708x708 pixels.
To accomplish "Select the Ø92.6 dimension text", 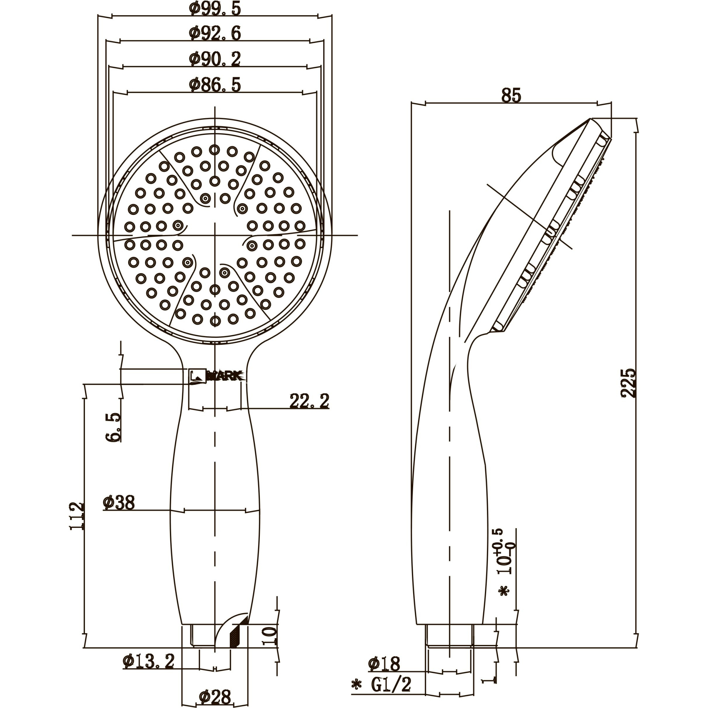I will (215, 33).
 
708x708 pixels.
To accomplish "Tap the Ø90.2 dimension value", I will (215, 59).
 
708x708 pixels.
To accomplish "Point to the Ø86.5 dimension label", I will (215, 85).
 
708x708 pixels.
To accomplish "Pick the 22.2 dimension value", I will (309, 401).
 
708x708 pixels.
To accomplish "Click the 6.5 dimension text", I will (113, 427).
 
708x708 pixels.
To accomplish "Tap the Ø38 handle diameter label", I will (119, 503).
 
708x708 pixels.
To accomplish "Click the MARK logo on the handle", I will (216, 376).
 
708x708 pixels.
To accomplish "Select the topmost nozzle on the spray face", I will (215, 149).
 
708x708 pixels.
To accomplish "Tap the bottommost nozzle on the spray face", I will (215, 321).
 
